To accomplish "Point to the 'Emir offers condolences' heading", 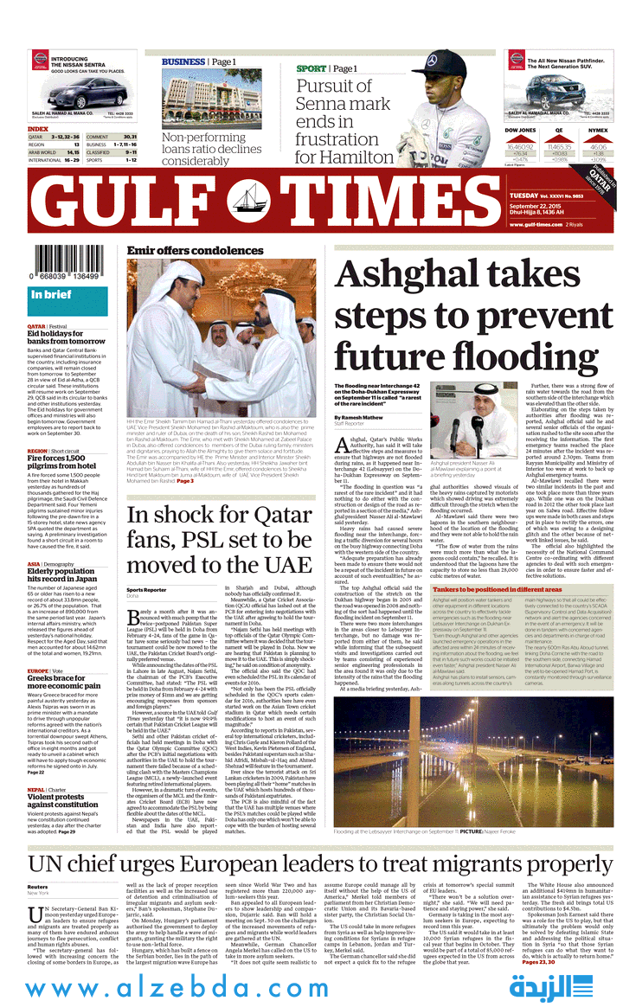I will pyautogui.click(x=183, y=251).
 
